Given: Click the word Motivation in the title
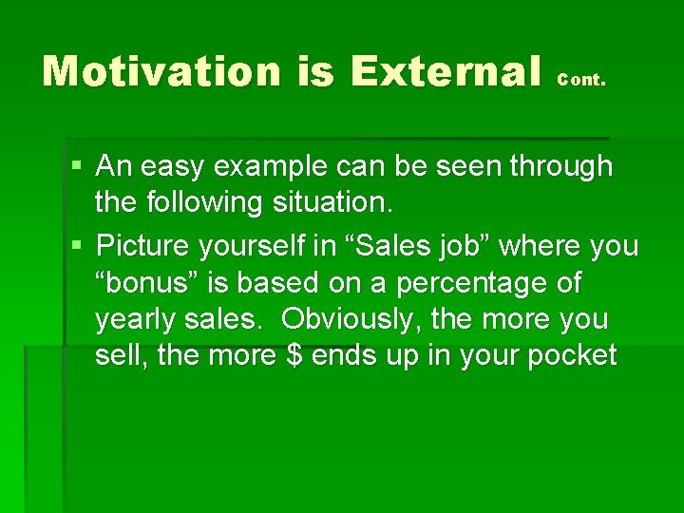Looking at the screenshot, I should (x=161, y=71).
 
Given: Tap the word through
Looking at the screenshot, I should (x=560, y=166).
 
